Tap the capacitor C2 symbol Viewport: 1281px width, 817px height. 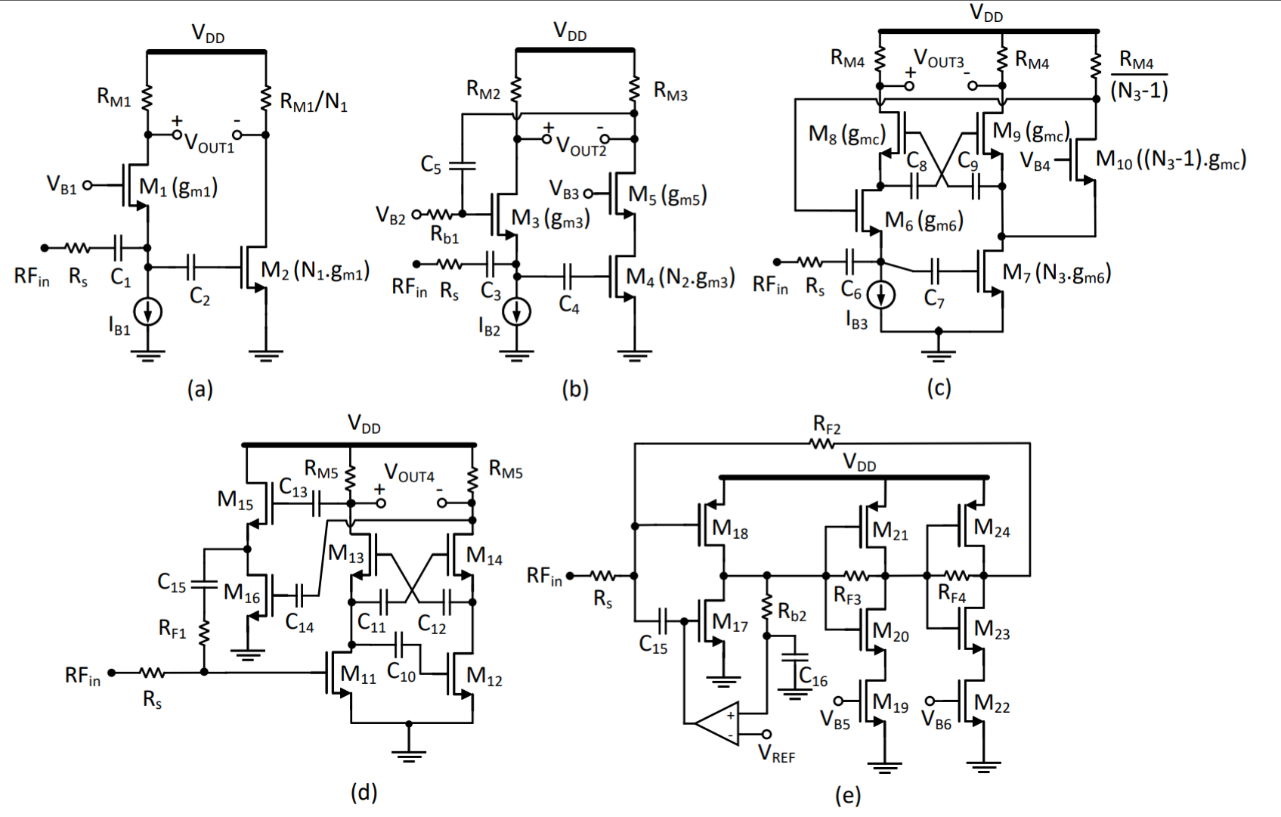pyautogui.click(x=191, y=267)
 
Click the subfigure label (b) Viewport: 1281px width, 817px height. pyautogui.click(x=574, y=389)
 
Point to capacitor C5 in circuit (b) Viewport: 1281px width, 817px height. pyautogui.click(x=462, y=164)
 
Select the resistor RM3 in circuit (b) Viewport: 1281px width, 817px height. pyautogui.click(x=634, y=89)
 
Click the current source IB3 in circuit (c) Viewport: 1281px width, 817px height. pyautogui.click(x=880, y=295)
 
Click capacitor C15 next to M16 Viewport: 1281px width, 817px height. pyautogui.click(x=203, y=584)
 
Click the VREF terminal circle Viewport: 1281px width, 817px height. pyautogui.click(x=766, y=734)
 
